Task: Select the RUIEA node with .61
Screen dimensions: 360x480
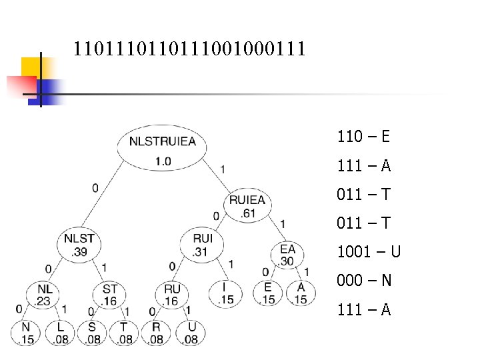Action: click(247, 205)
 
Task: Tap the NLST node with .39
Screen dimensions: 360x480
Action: click(79, 243)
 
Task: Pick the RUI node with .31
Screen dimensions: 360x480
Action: click(201, 243)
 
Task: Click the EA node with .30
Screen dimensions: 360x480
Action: click(287, 254)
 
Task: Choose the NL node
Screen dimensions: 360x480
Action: click(45, 294)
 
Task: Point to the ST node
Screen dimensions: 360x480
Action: click(109, 294)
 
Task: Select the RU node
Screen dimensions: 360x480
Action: click(172, 294)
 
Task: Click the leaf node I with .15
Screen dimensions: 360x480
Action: click(225, 293)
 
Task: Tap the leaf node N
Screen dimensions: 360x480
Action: click(27, 333)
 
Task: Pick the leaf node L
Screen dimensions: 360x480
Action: click(60, 333)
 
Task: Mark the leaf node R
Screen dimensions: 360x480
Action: click(157, 333)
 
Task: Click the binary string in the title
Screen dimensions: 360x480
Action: click(189, 49)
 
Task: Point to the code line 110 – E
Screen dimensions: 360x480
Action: click(363, 137)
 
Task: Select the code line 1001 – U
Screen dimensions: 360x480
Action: click(369, 252)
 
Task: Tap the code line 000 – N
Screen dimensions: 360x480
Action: click(364, 281)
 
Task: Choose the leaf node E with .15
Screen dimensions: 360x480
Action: click(268, 293)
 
